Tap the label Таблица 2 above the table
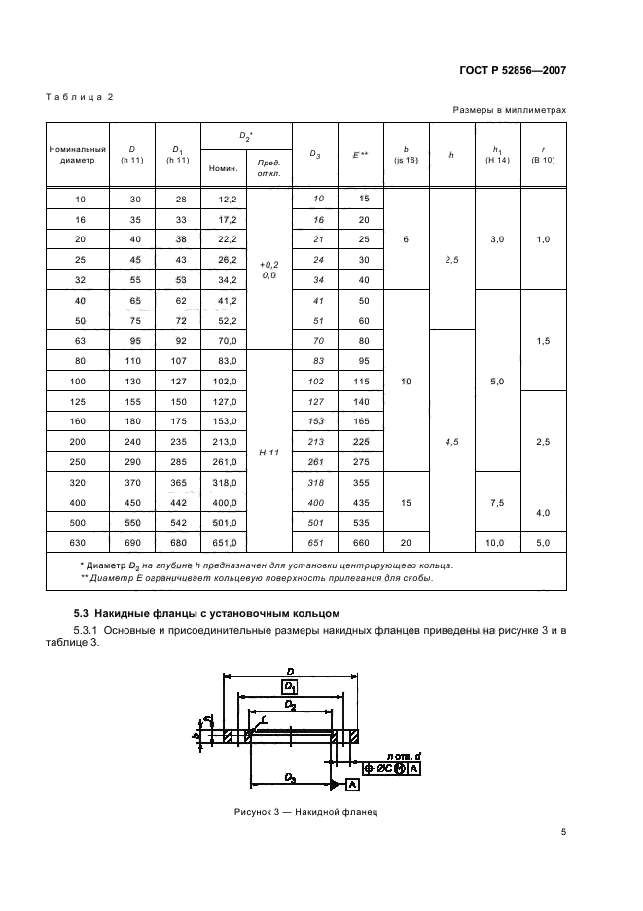click(80, 97)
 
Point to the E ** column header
click(360, 154)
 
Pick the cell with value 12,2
click(224, 199)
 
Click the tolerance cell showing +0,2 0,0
click(269, 270)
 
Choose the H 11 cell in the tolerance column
click(269, 453)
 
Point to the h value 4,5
click(451, 442)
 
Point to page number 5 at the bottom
click(563, 832)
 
